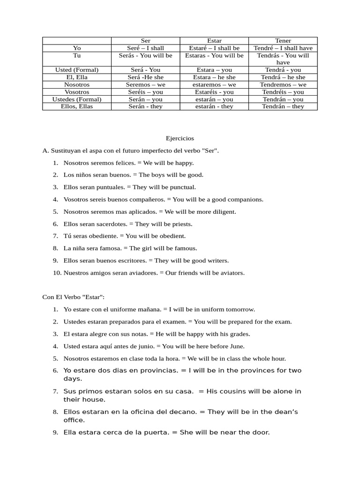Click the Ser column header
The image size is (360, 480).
tap(145, 41)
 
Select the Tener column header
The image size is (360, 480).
tap(283, 41)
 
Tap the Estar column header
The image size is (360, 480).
tap(214, 41)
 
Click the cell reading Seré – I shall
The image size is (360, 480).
tap(145, 48)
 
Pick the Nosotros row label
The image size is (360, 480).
tap(76, 84)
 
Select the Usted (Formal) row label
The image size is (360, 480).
tap(76, 70)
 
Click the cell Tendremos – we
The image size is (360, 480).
tap(283, 84)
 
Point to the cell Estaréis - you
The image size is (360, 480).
tap(214, 92)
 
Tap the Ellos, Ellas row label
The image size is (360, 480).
tap(76, 106)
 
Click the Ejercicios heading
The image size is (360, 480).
tap(180, 139)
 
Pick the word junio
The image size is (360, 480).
tap(145, 346)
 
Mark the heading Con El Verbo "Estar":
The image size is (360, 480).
tap(73, 297)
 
